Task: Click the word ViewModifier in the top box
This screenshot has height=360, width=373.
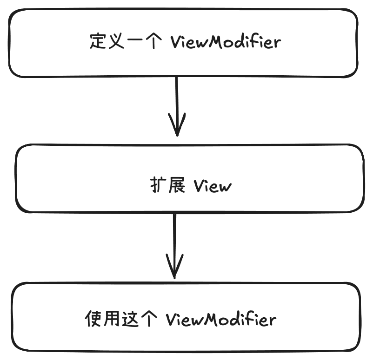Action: pyautogui.click(x=226, y=42)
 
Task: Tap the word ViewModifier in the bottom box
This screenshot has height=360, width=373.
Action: pyautogui.click(x=221, y=320)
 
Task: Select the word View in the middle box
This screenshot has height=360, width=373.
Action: pyautogui.click(x=212, y=186)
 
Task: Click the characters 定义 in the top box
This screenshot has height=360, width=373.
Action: pyautogui.click(x=107, y=42)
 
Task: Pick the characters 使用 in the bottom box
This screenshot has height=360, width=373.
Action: pyautogui.click(x=102, y=320)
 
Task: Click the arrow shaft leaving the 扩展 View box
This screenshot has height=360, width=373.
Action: pyautogui.click(x=174, y=237)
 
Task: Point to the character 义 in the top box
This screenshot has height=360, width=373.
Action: pyautogui.click(x=115, y=42)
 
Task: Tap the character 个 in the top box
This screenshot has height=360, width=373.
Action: pyautogui.click(x=152, y=42)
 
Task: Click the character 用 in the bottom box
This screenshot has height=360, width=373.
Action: pyautogui.click(x=112, y=320)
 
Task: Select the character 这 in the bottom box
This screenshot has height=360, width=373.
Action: pyautogui.click(x=129, y=320)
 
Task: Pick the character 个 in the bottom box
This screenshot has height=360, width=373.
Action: pyautogui.click(x=147, y=320)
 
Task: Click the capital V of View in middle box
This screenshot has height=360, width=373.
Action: pyautogui.click(x=200, y=186)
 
